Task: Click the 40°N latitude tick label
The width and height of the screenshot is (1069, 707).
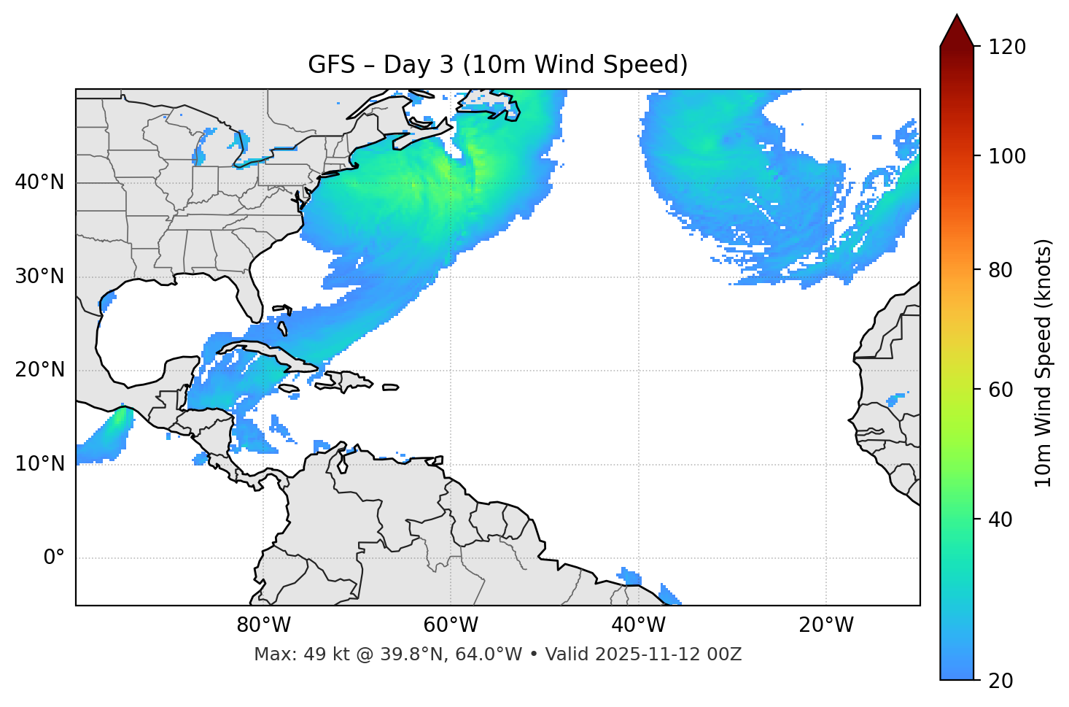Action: (39, 182)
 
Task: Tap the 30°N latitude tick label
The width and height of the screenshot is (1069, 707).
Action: (39, 277)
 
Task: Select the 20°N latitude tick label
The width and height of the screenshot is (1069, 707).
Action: (39, 370)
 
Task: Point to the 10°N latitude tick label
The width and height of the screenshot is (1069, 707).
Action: (39, 464)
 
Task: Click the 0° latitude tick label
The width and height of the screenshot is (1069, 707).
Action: (54, 558)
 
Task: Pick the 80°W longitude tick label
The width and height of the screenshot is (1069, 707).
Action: (263, 625)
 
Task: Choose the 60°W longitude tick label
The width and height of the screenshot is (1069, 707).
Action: (451, 625)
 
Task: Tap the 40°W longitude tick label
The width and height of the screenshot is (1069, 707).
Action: (638, 625)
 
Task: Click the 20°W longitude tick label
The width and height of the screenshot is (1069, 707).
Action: (826, 625)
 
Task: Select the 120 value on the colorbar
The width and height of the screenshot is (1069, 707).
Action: (1008, 47)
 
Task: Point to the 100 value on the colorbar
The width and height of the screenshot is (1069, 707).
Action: (1008, 156)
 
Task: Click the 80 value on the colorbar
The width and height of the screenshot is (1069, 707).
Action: (1003, 270)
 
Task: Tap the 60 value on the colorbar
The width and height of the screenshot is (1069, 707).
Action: (1003, 390)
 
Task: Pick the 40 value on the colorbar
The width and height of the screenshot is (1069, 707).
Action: (1003, 519)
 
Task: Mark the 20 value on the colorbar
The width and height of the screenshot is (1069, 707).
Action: (1003, 681)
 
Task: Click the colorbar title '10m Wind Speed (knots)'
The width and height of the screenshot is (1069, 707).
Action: (1043, 363)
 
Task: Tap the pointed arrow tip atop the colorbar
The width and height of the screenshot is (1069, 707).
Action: (957, 16)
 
